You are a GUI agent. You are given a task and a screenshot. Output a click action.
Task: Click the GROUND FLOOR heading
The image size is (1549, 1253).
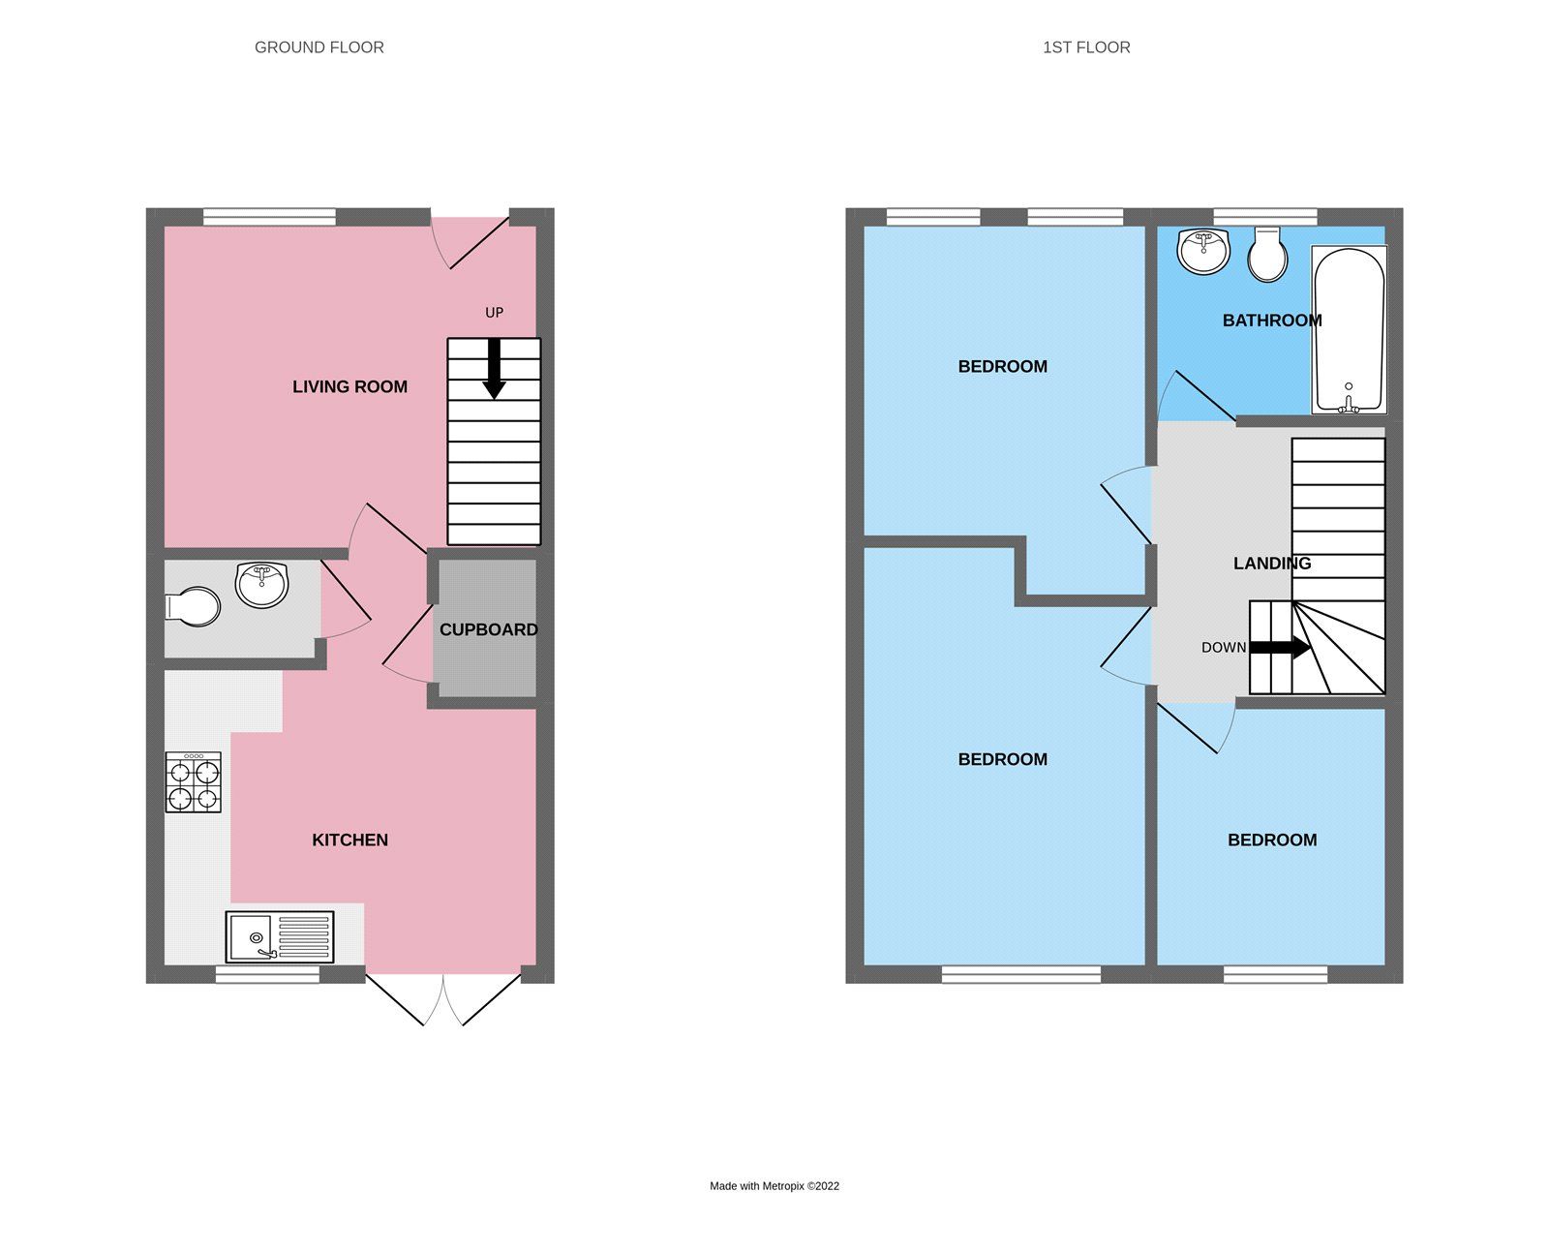click(x=319, y=47)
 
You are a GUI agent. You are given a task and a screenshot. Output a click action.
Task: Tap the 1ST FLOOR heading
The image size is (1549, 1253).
click(x=1086, y=47)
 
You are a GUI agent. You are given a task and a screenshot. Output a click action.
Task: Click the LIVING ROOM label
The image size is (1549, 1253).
click(x=349, y=386)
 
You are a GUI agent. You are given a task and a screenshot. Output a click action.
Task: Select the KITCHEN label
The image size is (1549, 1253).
click(x=349, y=840)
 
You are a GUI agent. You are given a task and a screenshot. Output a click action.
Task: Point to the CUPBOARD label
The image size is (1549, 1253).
click(x=488, y=629)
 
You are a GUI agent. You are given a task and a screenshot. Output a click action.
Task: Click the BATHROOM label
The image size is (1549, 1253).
click(x=1271, y=321)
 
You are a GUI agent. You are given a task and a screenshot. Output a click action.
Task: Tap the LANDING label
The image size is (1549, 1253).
click(x=1271, y=563)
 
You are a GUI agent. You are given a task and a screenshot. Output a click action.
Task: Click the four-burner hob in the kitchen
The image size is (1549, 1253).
click(x=193, y=782)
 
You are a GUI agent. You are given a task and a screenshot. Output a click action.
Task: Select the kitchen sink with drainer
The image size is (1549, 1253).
click(x=280, y=936)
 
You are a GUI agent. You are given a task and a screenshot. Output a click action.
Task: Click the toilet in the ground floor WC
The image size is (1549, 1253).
click(x=194, y=606)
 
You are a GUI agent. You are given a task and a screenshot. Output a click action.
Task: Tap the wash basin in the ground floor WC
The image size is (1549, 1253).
click(x=261, y=585)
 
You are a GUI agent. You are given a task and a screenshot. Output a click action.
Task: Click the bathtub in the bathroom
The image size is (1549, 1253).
click(x=1349, y=329)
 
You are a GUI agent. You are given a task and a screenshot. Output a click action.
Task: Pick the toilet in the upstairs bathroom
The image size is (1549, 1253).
click(x=1267, y=255)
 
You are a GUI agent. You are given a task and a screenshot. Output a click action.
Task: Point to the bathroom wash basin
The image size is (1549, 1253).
click(x=1202, y=251)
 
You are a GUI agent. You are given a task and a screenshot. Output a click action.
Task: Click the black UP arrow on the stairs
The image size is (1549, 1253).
click(x=494, y=369)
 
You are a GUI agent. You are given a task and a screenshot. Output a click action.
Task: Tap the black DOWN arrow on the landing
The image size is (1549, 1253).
click(x=1280, y=648)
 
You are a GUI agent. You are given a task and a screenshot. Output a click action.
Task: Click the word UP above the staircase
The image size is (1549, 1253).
click(x=494, y=313)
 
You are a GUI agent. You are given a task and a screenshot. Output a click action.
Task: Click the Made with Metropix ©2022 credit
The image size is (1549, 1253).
click(x=774, y=1185)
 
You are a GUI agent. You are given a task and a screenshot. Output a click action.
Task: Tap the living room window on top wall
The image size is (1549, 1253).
click(x=269, y=217)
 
